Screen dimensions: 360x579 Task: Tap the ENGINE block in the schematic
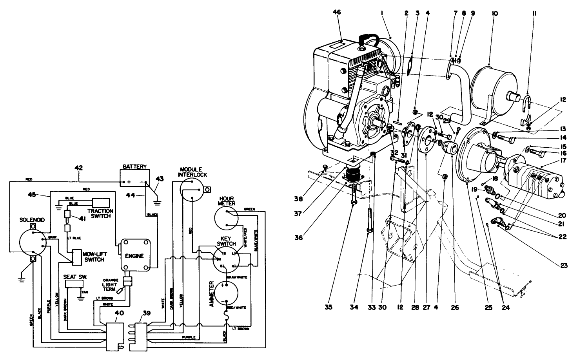(x=134, y=255)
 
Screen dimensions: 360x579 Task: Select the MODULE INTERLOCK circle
(x=192, y=190)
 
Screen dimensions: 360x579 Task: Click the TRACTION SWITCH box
(x=103, y=204)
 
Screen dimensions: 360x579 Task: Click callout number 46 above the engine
(x=336, y=13)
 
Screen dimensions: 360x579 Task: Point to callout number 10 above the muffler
(x=494, y=13)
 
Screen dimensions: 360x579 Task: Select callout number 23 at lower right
(x=564, y=265)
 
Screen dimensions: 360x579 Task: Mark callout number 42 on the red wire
(x=79, y=168)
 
